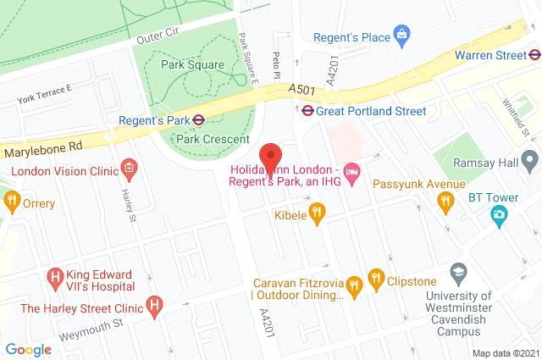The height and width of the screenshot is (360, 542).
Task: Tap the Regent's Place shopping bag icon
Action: coord(403,36)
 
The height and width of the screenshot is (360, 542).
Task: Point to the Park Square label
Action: coord(193,64)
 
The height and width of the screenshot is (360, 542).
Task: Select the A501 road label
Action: coord(302,88)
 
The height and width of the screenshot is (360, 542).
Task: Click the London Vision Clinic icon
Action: coord(128,169)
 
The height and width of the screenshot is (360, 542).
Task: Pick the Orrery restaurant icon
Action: coord(11,202)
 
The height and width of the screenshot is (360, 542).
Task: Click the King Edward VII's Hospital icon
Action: coord(56,275)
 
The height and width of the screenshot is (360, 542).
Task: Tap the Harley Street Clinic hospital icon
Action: coord(154,304)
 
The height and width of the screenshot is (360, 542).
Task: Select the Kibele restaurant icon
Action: coord(317,213)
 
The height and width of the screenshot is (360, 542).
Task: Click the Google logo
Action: coord(28,348)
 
